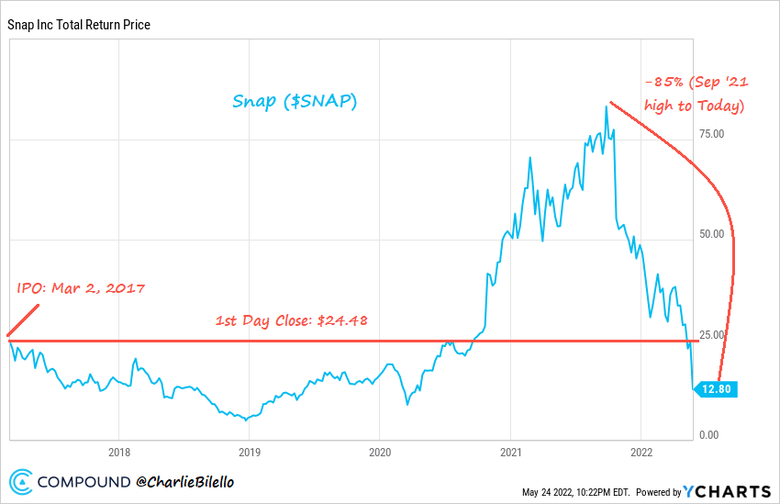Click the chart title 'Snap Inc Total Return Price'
pyautogui.click(x=78, y=25)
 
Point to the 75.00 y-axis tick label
pyautogui.click(x=712, y=134)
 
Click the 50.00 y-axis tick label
pyautogui.click(x=712, y=234)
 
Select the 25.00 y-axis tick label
pyautogui.click(x=712, y=334)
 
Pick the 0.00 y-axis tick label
pyautogui.click(x=709, y=435)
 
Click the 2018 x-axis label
pyautogui.click(x=118, y=452)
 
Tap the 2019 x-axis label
pyautogui.click(x=250, y=452)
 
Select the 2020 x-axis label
pyautogui.click(x=380, y=452)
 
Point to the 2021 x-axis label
pyautogui.click(x=510, y=452)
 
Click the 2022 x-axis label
pyautogui.click(x=641, y=452)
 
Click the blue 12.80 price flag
pyautogui.click(x=716, y=389)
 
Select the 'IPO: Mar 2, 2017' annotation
pyautogui.click(x=82, y=288)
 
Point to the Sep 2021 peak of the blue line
pyautogui.click(x=607, y=106)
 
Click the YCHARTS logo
pyautogui.click(x=724, y=491)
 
